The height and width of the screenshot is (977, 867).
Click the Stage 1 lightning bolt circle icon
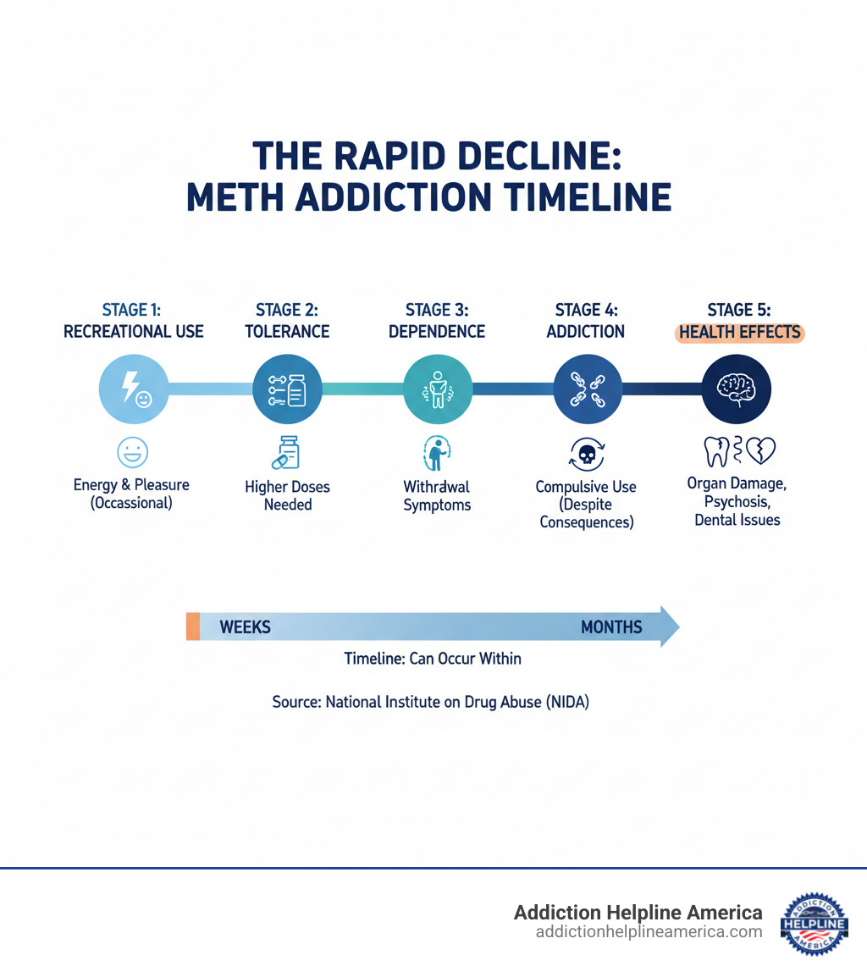[x=134, y=389]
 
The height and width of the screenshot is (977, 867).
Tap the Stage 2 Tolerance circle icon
[x=287, y=389]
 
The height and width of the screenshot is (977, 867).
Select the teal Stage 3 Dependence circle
[x=437, y=389]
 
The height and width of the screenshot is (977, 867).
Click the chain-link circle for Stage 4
[x=586, y=389]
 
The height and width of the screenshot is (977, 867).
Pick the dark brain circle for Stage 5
[x=737, y=389]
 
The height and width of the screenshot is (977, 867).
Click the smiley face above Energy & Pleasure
[x=132, y=453]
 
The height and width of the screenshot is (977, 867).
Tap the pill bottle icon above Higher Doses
[x=287, y=453]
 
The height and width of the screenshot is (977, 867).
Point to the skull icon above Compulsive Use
[x=586, y=456]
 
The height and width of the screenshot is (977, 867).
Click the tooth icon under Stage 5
[x=715, y=450]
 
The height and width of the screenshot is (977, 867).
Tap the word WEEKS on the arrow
[x=245, y=627]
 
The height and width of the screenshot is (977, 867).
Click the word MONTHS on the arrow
[x=611, y=627]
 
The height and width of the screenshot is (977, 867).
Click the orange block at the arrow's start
[x=193, y=627]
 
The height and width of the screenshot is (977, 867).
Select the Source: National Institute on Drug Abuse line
[x=430, y=702]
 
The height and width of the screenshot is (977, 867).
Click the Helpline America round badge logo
[x=814, y=923]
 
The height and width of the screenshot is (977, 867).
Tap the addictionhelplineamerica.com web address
[x=649, y=932]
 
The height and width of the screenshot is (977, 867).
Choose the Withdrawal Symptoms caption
[x=437, y=496]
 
